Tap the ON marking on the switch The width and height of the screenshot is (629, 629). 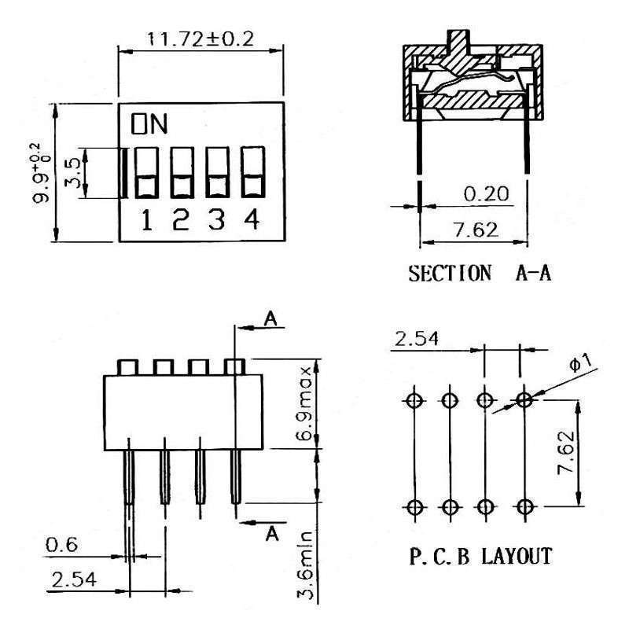click(149, 123)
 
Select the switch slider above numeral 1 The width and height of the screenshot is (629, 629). click(147, 172)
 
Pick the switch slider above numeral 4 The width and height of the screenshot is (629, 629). click(252, 172)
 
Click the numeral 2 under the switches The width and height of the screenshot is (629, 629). click(182, 221)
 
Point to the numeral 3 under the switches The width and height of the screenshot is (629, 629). click(216, 221)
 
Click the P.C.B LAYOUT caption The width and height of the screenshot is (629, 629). click(480, 557)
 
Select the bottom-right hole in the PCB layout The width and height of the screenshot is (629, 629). click(523, 506)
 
